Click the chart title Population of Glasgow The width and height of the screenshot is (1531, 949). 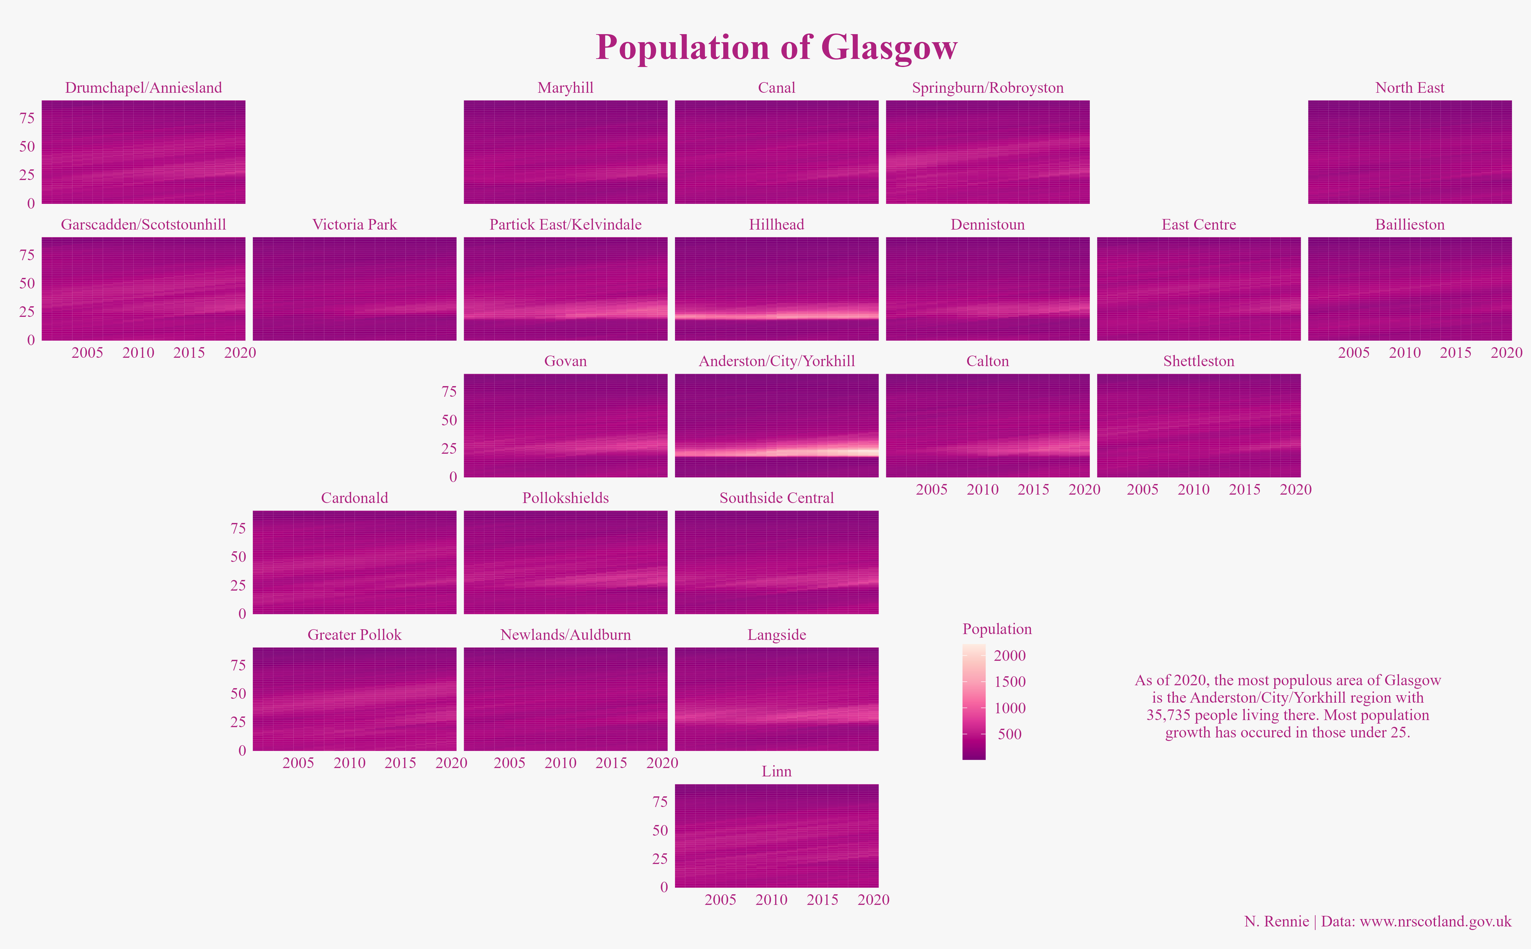click(x=776, y=48)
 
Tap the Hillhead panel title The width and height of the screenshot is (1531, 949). click(x=776, y=225)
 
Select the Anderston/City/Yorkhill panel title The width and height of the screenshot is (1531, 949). click(x=776, y=362)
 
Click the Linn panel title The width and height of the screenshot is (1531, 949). click(x=776, y=771)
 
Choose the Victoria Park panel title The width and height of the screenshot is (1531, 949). click(x=355, y=225)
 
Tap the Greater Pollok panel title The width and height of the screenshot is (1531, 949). click(x=355, y=635)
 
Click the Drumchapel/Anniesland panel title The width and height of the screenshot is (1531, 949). click(x=144, y=88)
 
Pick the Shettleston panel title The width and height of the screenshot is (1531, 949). click(x=1198, y=362)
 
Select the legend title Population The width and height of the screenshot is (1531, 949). click(x=997, y=629)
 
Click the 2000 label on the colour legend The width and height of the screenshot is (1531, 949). click(x=1009, y=656)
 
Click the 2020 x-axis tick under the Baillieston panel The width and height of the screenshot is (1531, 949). click(x=1506, y=353)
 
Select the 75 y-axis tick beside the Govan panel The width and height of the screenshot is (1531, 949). click(x=449, y=392)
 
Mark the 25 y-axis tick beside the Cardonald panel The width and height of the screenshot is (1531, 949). click(x=238, y=585)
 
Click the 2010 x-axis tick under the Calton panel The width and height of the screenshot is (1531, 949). click(x=982, y=489)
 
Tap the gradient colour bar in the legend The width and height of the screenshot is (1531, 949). click(x=974, y=702)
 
